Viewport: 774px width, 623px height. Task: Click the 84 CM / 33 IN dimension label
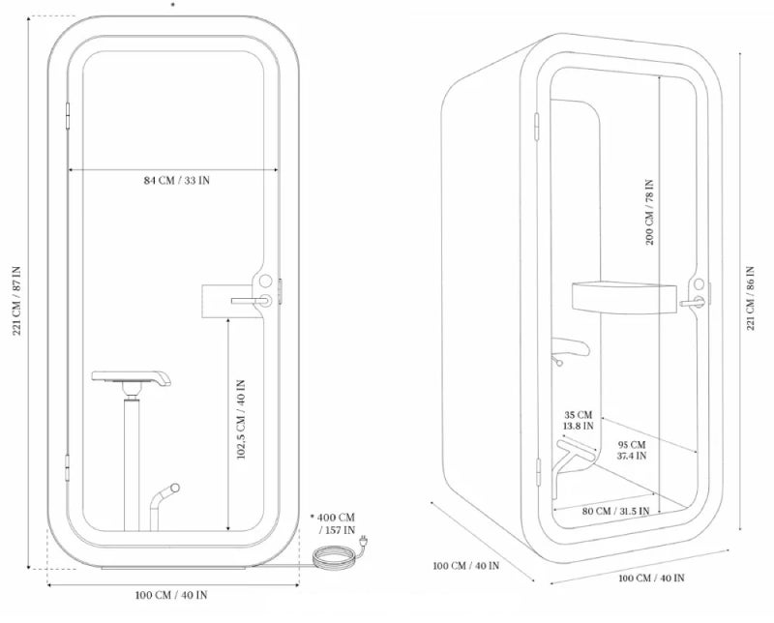(177, 180)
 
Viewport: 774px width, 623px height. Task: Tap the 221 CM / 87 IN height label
(16, 301)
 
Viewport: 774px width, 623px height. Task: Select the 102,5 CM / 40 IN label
(241, 420)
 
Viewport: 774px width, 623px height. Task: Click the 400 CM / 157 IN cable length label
(333, 523)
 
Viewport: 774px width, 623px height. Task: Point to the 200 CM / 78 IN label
(649, 212)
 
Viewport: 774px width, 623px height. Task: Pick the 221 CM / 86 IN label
(751, 298)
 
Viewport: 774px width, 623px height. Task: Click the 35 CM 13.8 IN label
(578, 420)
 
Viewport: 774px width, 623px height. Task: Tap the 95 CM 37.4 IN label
(632, 450)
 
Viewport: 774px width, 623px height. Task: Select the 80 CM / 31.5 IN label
(615, 511)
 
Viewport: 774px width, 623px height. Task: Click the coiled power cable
(334, 557)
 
